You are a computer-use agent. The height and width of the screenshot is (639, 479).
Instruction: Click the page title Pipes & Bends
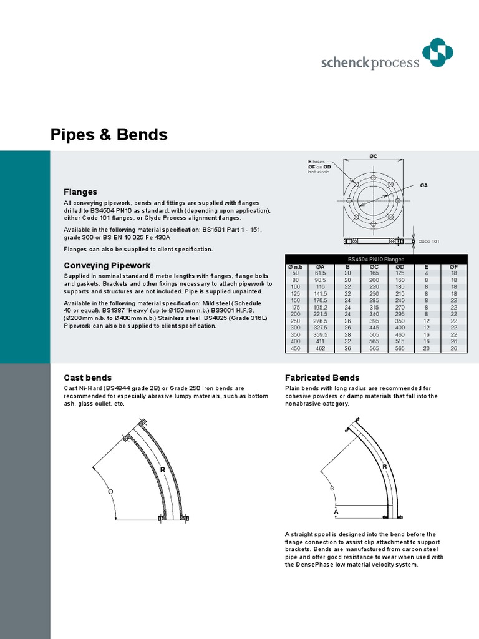(109, 134)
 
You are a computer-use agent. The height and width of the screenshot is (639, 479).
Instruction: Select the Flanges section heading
(80, 192)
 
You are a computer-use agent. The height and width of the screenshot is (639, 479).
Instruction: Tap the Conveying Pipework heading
(102, 265)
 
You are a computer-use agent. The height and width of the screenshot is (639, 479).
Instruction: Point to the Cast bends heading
(88, 378)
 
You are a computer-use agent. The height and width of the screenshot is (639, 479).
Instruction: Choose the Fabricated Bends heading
(322, 378)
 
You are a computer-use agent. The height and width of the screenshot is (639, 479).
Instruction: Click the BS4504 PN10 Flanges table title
(375, 259)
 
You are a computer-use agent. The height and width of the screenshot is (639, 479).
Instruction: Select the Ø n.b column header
(294, 267)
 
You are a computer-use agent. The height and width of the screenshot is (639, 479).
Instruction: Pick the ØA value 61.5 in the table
(321, 273)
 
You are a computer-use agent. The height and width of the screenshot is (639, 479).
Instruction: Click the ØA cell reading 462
(321, 348)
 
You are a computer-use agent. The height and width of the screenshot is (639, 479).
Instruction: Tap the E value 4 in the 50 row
(427, 273)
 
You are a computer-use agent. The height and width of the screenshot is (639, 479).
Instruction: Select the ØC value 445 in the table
(374, 328)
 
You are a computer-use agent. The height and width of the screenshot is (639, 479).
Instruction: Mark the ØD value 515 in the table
(400, 341)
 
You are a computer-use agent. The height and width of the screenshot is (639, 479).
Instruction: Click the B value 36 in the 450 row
(347, 348)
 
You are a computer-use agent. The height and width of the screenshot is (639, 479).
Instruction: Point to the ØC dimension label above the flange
(373, 156)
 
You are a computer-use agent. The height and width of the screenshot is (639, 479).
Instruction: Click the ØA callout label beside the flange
(423, 185)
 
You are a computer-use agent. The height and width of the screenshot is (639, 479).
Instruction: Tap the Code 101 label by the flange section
(428, 241)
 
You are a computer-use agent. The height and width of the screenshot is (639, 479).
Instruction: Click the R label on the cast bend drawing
(162, 469)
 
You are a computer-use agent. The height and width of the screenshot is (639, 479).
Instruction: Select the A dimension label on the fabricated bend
(336, 512)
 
